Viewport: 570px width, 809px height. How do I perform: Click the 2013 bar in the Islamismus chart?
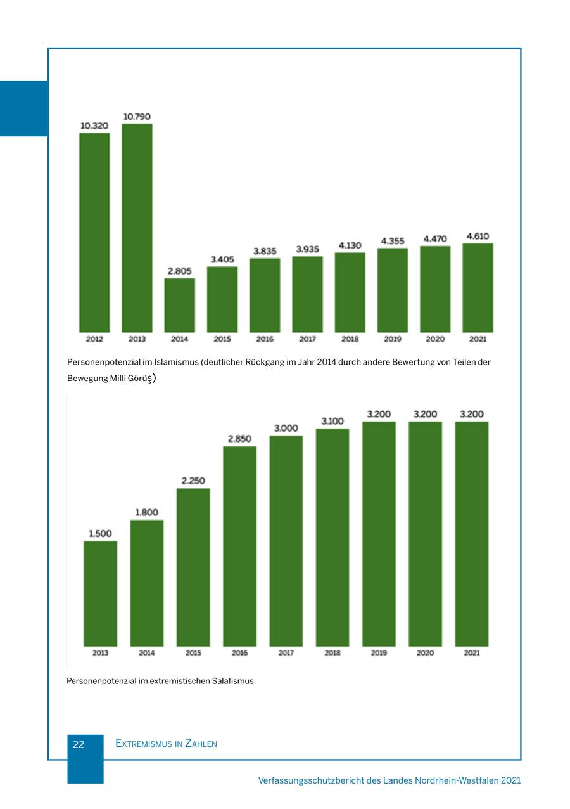137,228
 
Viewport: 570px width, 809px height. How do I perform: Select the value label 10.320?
94,126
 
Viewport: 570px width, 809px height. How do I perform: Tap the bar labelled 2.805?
180,305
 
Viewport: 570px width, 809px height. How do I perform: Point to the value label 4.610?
478,236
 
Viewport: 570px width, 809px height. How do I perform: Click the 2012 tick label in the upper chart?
94,339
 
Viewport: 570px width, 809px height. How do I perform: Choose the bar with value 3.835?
265,295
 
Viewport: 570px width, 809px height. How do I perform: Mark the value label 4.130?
350,245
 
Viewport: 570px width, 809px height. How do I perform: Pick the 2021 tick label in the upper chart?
478,339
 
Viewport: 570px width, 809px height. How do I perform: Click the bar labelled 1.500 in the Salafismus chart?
100,593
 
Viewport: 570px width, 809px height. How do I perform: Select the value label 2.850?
239,438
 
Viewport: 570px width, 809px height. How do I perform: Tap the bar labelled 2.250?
193,567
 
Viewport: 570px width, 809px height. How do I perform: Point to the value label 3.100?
332,421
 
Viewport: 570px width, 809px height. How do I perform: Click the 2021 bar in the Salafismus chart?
472,534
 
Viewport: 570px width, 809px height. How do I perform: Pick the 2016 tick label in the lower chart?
239,653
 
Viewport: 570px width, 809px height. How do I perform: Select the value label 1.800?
146,512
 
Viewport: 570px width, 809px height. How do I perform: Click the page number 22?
79,744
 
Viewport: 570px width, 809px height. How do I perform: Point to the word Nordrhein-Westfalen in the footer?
456,780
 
